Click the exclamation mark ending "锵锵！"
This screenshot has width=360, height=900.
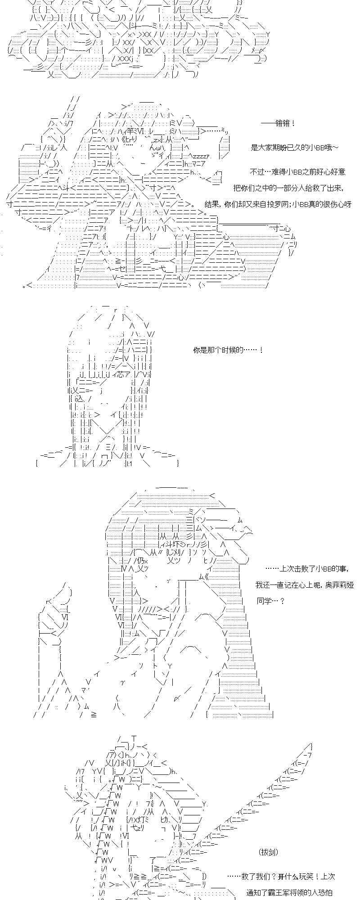(x=293, y=123)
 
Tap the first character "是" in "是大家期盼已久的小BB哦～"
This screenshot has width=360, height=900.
(x=254, y=148)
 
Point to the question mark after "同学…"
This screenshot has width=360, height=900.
(x=282, y=601)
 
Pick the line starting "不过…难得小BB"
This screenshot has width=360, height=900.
(x=297, y=172)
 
